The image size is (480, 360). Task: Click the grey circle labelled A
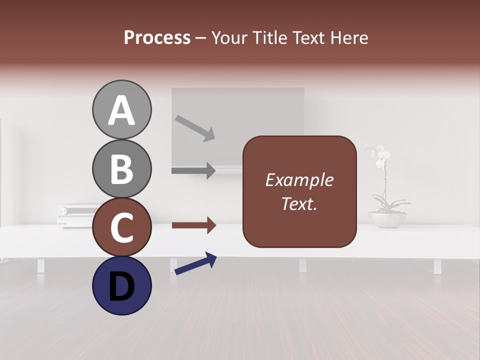121,109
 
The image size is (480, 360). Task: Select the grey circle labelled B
121,168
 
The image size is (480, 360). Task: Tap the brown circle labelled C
121,227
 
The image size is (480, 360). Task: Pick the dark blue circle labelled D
121,285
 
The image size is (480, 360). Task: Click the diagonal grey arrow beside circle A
195,128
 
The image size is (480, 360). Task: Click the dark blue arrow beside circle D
195,263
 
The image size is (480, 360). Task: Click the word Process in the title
157,38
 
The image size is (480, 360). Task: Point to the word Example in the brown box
299,180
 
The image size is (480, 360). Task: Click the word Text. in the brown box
299,204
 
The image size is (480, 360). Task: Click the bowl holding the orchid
387,219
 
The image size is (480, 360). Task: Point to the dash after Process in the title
200,38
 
